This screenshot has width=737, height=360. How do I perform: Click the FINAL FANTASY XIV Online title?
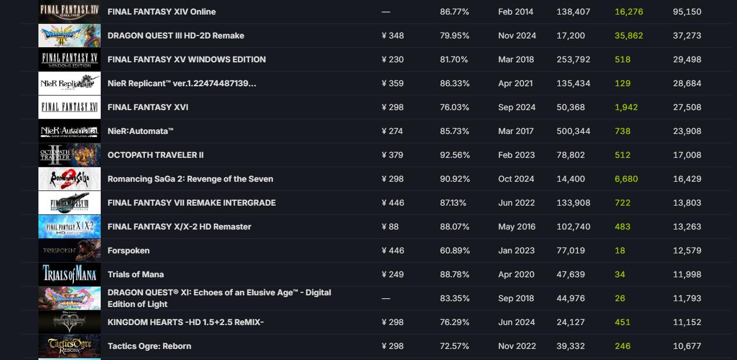(161, 12)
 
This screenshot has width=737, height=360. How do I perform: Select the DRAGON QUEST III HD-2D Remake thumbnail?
(69, 36)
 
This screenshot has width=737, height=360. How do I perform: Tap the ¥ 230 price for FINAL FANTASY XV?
(392, 59)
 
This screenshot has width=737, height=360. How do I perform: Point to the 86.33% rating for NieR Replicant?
(455, 83)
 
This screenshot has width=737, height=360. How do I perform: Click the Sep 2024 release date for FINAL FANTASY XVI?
(516, 107)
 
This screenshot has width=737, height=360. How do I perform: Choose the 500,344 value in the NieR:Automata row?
(573, 131)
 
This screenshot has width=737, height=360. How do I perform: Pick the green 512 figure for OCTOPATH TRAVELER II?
(622, 155)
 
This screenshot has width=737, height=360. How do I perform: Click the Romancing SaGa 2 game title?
(190, 179)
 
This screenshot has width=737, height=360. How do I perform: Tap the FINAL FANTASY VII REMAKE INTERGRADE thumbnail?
(69, 203)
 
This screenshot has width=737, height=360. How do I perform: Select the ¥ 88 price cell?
(390, 227)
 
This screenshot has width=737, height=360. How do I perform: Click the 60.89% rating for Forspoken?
(455, 250)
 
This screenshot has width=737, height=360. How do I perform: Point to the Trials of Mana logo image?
(69, 274)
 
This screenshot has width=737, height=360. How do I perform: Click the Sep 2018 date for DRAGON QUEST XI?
(516, 298)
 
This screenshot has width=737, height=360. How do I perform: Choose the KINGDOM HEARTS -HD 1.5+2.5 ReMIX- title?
(186, 322)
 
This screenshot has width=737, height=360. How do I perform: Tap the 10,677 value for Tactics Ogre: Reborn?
(687, 346)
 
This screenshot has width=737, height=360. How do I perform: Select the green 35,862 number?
(629, 36)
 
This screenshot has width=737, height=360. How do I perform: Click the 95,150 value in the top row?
(687, 12)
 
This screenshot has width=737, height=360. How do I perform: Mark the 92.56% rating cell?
(455, 155)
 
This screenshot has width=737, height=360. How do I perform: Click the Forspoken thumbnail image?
(69, 250)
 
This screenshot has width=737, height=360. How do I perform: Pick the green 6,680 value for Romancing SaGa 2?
(626, 179)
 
